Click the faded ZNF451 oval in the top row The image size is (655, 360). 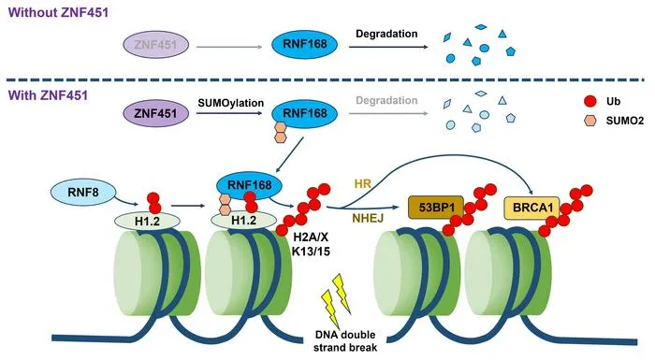click(156, 44)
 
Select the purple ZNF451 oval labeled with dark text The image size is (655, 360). click(156, 113)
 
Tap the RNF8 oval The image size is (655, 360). click(83, 192)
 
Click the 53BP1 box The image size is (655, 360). click(436, 208)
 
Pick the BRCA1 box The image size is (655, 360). click(532, 208)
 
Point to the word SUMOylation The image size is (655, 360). click(231, 103)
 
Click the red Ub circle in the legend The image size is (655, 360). click(589, 101)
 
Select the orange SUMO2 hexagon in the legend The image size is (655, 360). click(589, 121)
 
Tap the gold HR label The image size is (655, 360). click(363, 183)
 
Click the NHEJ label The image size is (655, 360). click(368, 218)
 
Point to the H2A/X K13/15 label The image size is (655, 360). click(311, 244)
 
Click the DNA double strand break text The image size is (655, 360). click(345, 340)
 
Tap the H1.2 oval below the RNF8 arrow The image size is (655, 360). click(147, 221)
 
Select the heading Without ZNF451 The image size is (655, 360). click(58, 12)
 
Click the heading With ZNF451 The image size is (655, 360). click(48, 95)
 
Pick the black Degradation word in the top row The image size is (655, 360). click(386, 34)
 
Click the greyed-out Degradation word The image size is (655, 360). click(386, 100)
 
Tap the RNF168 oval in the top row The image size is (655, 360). click(304, 44)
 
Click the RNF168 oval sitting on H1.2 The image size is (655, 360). click(249, 185)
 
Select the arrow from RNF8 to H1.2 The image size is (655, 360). click(126, 201)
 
